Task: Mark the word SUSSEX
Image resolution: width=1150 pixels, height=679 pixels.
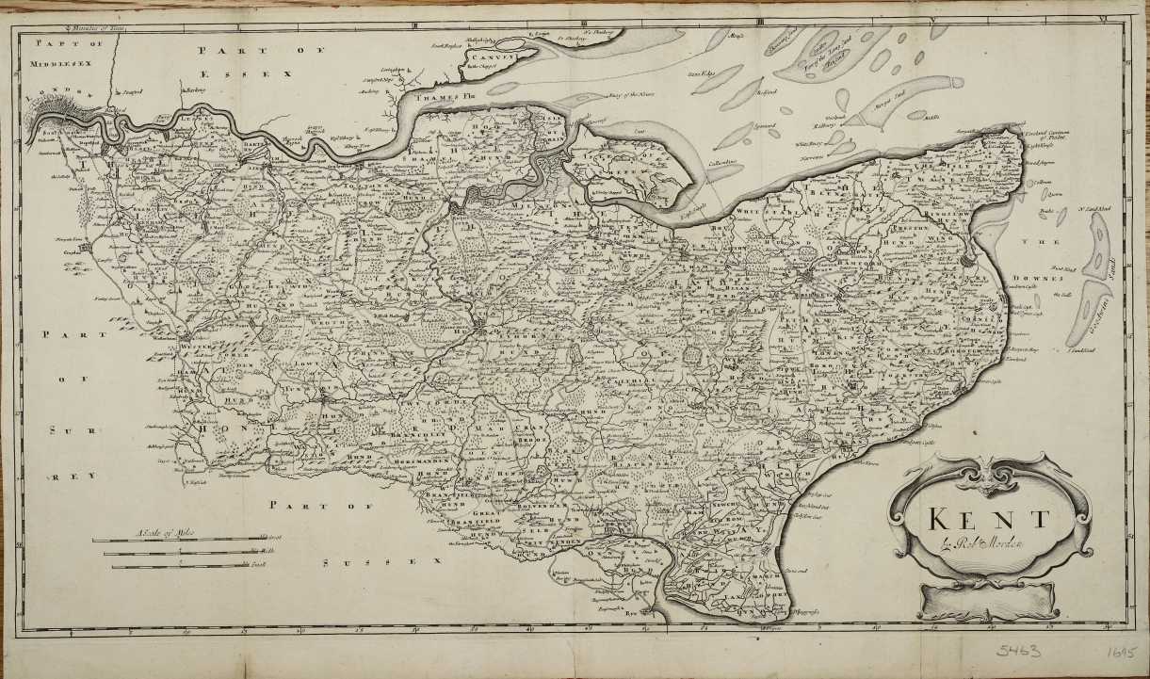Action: coord(381,562)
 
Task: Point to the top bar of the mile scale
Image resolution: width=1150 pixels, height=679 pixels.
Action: coord(174,540)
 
